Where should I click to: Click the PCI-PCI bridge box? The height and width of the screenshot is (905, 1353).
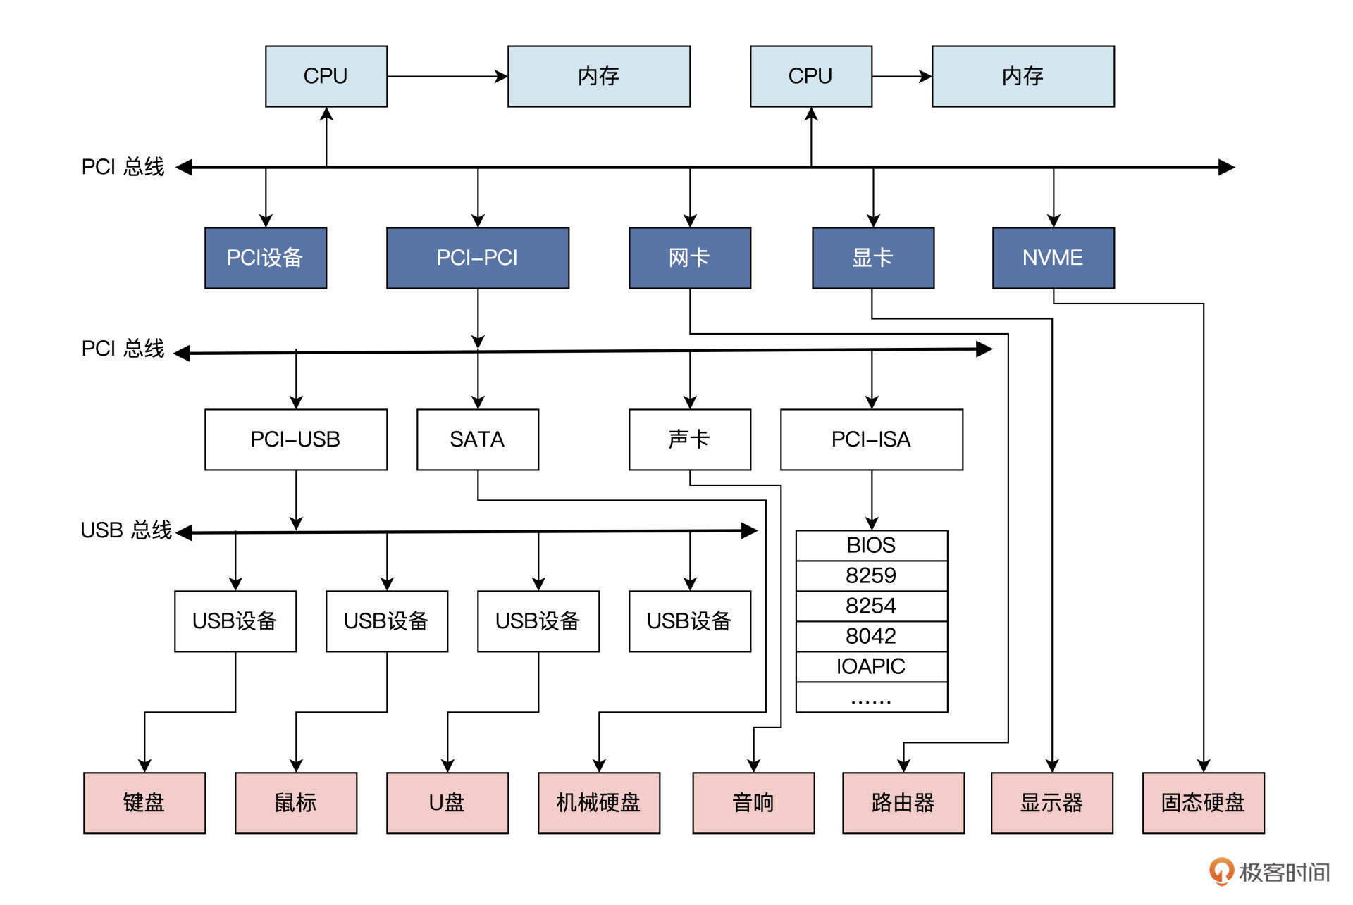(x=477, y=258)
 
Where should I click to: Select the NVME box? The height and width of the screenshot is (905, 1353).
(x=1053, y=258)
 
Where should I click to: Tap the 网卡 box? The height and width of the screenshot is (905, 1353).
(x=689, y=258)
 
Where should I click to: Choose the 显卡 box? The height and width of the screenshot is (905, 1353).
(x=872, y=258)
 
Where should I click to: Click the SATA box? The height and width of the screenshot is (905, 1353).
(x=477, y=439)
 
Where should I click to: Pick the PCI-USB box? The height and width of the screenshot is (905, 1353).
(x=295, y=439)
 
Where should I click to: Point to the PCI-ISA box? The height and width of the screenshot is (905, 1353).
(x=871, y=439)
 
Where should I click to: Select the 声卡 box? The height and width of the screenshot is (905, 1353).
(x=689, y=439)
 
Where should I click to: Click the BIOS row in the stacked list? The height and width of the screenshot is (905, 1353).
(x=871, y=545)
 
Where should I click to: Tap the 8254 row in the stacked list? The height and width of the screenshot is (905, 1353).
(x=871, y=606)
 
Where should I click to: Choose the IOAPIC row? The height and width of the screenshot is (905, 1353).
(x=871, y=666)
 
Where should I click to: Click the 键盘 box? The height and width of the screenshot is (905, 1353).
(x=144, y=803)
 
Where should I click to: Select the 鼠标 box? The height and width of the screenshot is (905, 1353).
(x=295, y=803)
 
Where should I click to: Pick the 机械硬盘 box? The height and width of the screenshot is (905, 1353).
(x=598, y=803)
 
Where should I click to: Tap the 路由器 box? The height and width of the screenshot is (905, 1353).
(x=903, y=803)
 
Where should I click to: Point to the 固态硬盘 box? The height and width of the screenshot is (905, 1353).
(x=1203, y=803)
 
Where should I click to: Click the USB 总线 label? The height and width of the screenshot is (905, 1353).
(x=126, y=530)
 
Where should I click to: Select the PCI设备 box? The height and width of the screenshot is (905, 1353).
(x=265, y=258)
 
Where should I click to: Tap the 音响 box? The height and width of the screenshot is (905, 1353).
(x=753, y=803)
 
